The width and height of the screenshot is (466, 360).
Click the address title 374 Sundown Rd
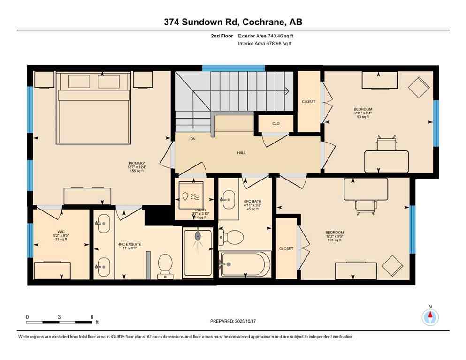click(x=233, y=22)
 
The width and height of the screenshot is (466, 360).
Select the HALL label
click(x=241, y=153)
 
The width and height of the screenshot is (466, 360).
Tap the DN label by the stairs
click(x=193, y=139)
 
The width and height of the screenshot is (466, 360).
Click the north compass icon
click(x=429, y=317)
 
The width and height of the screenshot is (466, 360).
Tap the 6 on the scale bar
click(x=92, y=317)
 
